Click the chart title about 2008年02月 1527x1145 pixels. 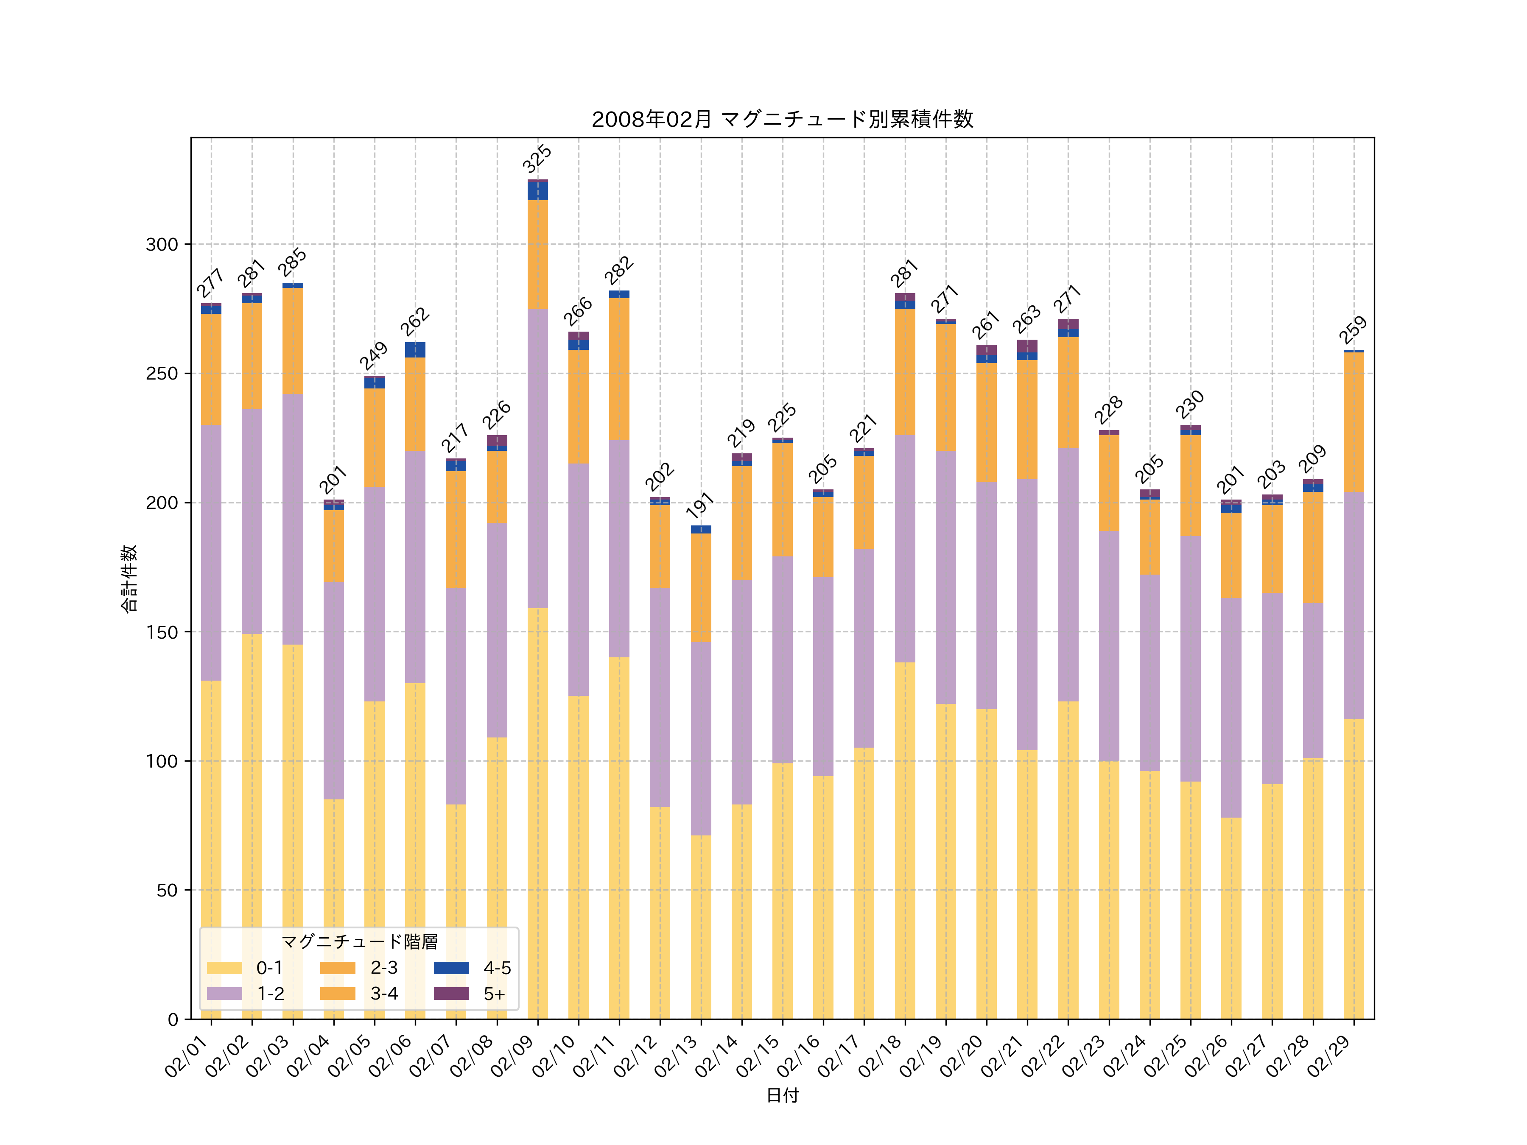click(x=782, y=120)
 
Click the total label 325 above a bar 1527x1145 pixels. click(x=537, y=159)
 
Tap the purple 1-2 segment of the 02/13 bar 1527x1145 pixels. click(x=701, y=738)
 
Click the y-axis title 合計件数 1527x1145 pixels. click(x=129, y=578)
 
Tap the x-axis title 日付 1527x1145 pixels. click(x=782, y=1095)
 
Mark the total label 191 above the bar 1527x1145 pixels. click(x=699, y=506)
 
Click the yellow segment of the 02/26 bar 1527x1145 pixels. click(x=1231, y=918)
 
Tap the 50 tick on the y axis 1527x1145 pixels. click(x=166, y=890)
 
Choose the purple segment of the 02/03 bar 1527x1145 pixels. click(x=293, y=519)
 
